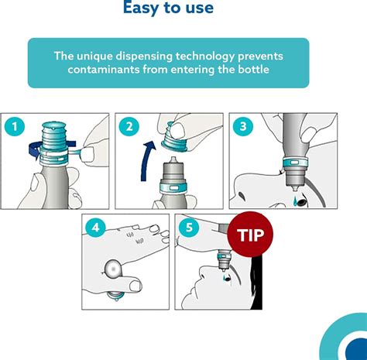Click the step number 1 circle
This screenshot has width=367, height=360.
(15, 126)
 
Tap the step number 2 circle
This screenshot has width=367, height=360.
(129, 126)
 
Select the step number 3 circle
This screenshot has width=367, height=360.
(243, 126)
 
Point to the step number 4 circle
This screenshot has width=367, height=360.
(95, 228)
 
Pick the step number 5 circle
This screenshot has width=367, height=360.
(189, 228)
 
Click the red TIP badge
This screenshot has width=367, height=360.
(250, 235)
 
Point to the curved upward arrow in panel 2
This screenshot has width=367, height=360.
(147, 161)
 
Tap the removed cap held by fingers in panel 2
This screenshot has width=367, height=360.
(173, 137)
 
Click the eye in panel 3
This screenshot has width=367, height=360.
(301, 201)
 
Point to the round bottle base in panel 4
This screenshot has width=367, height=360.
(113, 269)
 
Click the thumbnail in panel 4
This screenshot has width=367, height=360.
(135, 286)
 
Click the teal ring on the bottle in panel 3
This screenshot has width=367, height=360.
(295, 163)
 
